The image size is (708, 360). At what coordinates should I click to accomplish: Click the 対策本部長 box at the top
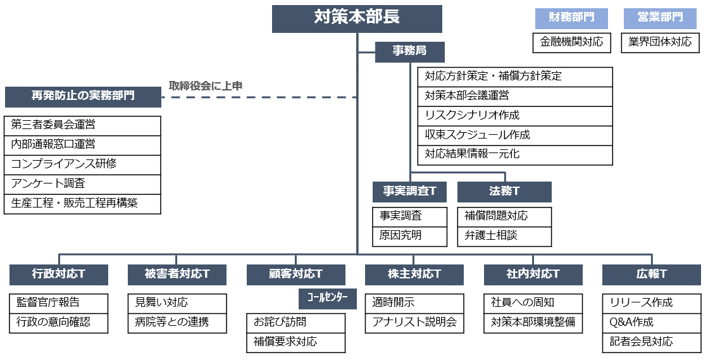357,18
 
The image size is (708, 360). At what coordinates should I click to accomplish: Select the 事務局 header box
409,52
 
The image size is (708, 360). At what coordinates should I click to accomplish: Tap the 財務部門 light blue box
571,18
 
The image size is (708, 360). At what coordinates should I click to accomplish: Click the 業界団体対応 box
660,42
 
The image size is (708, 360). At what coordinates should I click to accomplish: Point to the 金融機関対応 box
571,42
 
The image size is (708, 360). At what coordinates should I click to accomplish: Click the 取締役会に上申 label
206,85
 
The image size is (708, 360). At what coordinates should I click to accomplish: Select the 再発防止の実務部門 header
83,97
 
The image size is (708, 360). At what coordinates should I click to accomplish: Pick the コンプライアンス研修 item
83,164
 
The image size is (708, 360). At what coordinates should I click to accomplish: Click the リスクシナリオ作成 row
515,116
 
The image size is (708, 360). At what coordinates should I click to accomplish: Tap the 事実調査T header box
409,192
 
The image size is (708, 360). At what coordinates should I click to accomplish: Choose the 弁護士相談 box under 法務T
504,236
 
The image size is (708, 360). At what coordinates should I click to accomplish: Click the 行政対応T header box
59,275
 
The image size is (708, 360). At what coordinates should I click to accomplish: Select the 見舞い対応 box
177,303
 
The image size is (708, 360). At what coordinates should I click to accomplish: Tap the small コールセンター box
327,297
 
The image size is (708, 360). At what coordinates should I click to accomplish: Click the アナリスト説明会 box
415,323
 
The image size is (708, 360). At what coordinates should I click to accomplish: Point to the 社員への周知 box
533,303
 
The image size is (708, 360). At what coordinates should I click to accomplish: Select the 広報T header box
652,275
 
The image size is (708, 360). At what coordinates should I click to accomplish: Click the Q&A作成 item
652,323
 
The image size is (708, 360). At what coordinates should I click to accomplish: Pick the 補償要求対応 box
296,342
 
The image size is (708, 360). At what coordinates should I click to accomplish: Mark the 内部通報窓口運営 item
83,144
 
